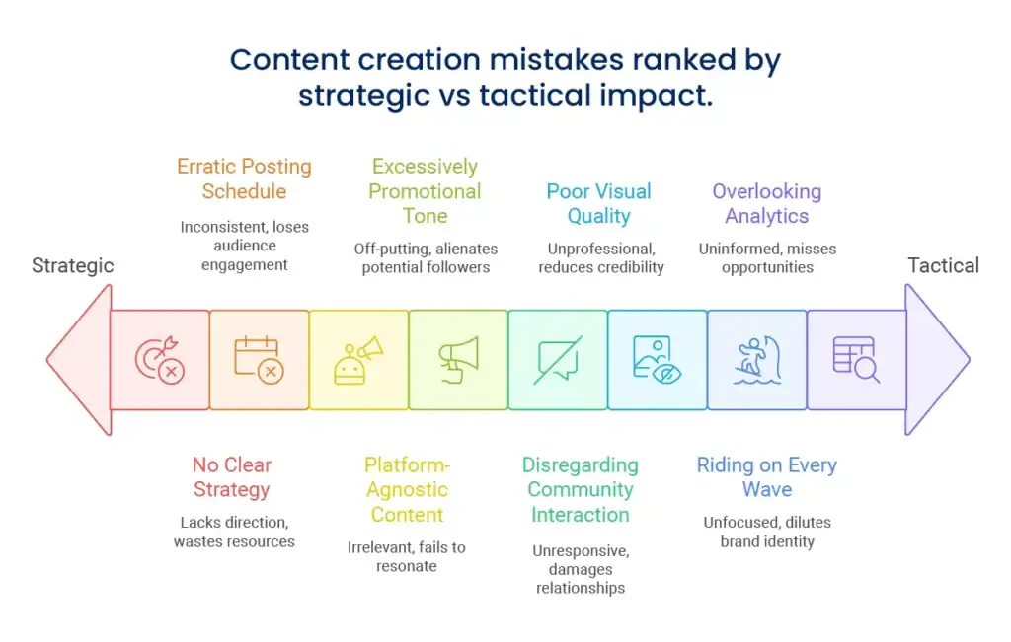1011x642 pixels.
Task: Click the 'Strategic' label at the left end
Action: [73, 265]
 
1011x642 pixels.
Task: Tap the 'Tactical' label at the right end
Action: [943, 265]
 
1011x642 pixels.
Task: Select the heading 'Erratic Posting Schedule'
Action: [245, 178]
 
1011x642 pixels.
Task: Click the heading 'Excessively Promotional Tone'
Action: [425, 190]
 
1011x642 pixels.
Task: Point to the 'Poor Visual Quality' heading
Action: [599, 203]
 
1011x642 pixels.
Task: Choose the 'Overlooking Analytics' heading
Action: [766, 203]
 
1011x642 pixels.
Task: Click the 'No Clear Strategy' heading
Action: [232, 477]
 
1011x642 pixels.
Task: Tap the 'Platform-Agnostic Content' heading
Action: [407, 489]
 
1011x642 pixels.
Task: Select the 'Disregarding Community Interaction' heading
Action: [581, 489]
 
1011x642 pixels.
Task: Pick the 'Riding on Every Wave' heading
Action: [766, 477]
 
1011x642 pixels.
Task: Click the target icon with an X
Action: [160, 360]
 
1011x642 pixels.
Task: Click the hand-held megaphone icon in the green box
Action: [458, 360]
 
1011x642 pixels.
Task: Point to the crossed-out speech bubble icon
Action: [558, 360]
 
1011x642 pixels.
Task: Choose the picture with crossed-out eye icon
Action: [657, 360]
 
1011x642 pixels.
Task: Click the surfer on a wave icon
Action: [757, 360]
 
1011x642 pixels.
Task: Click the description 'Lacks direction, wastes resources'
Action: [234, 532]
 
